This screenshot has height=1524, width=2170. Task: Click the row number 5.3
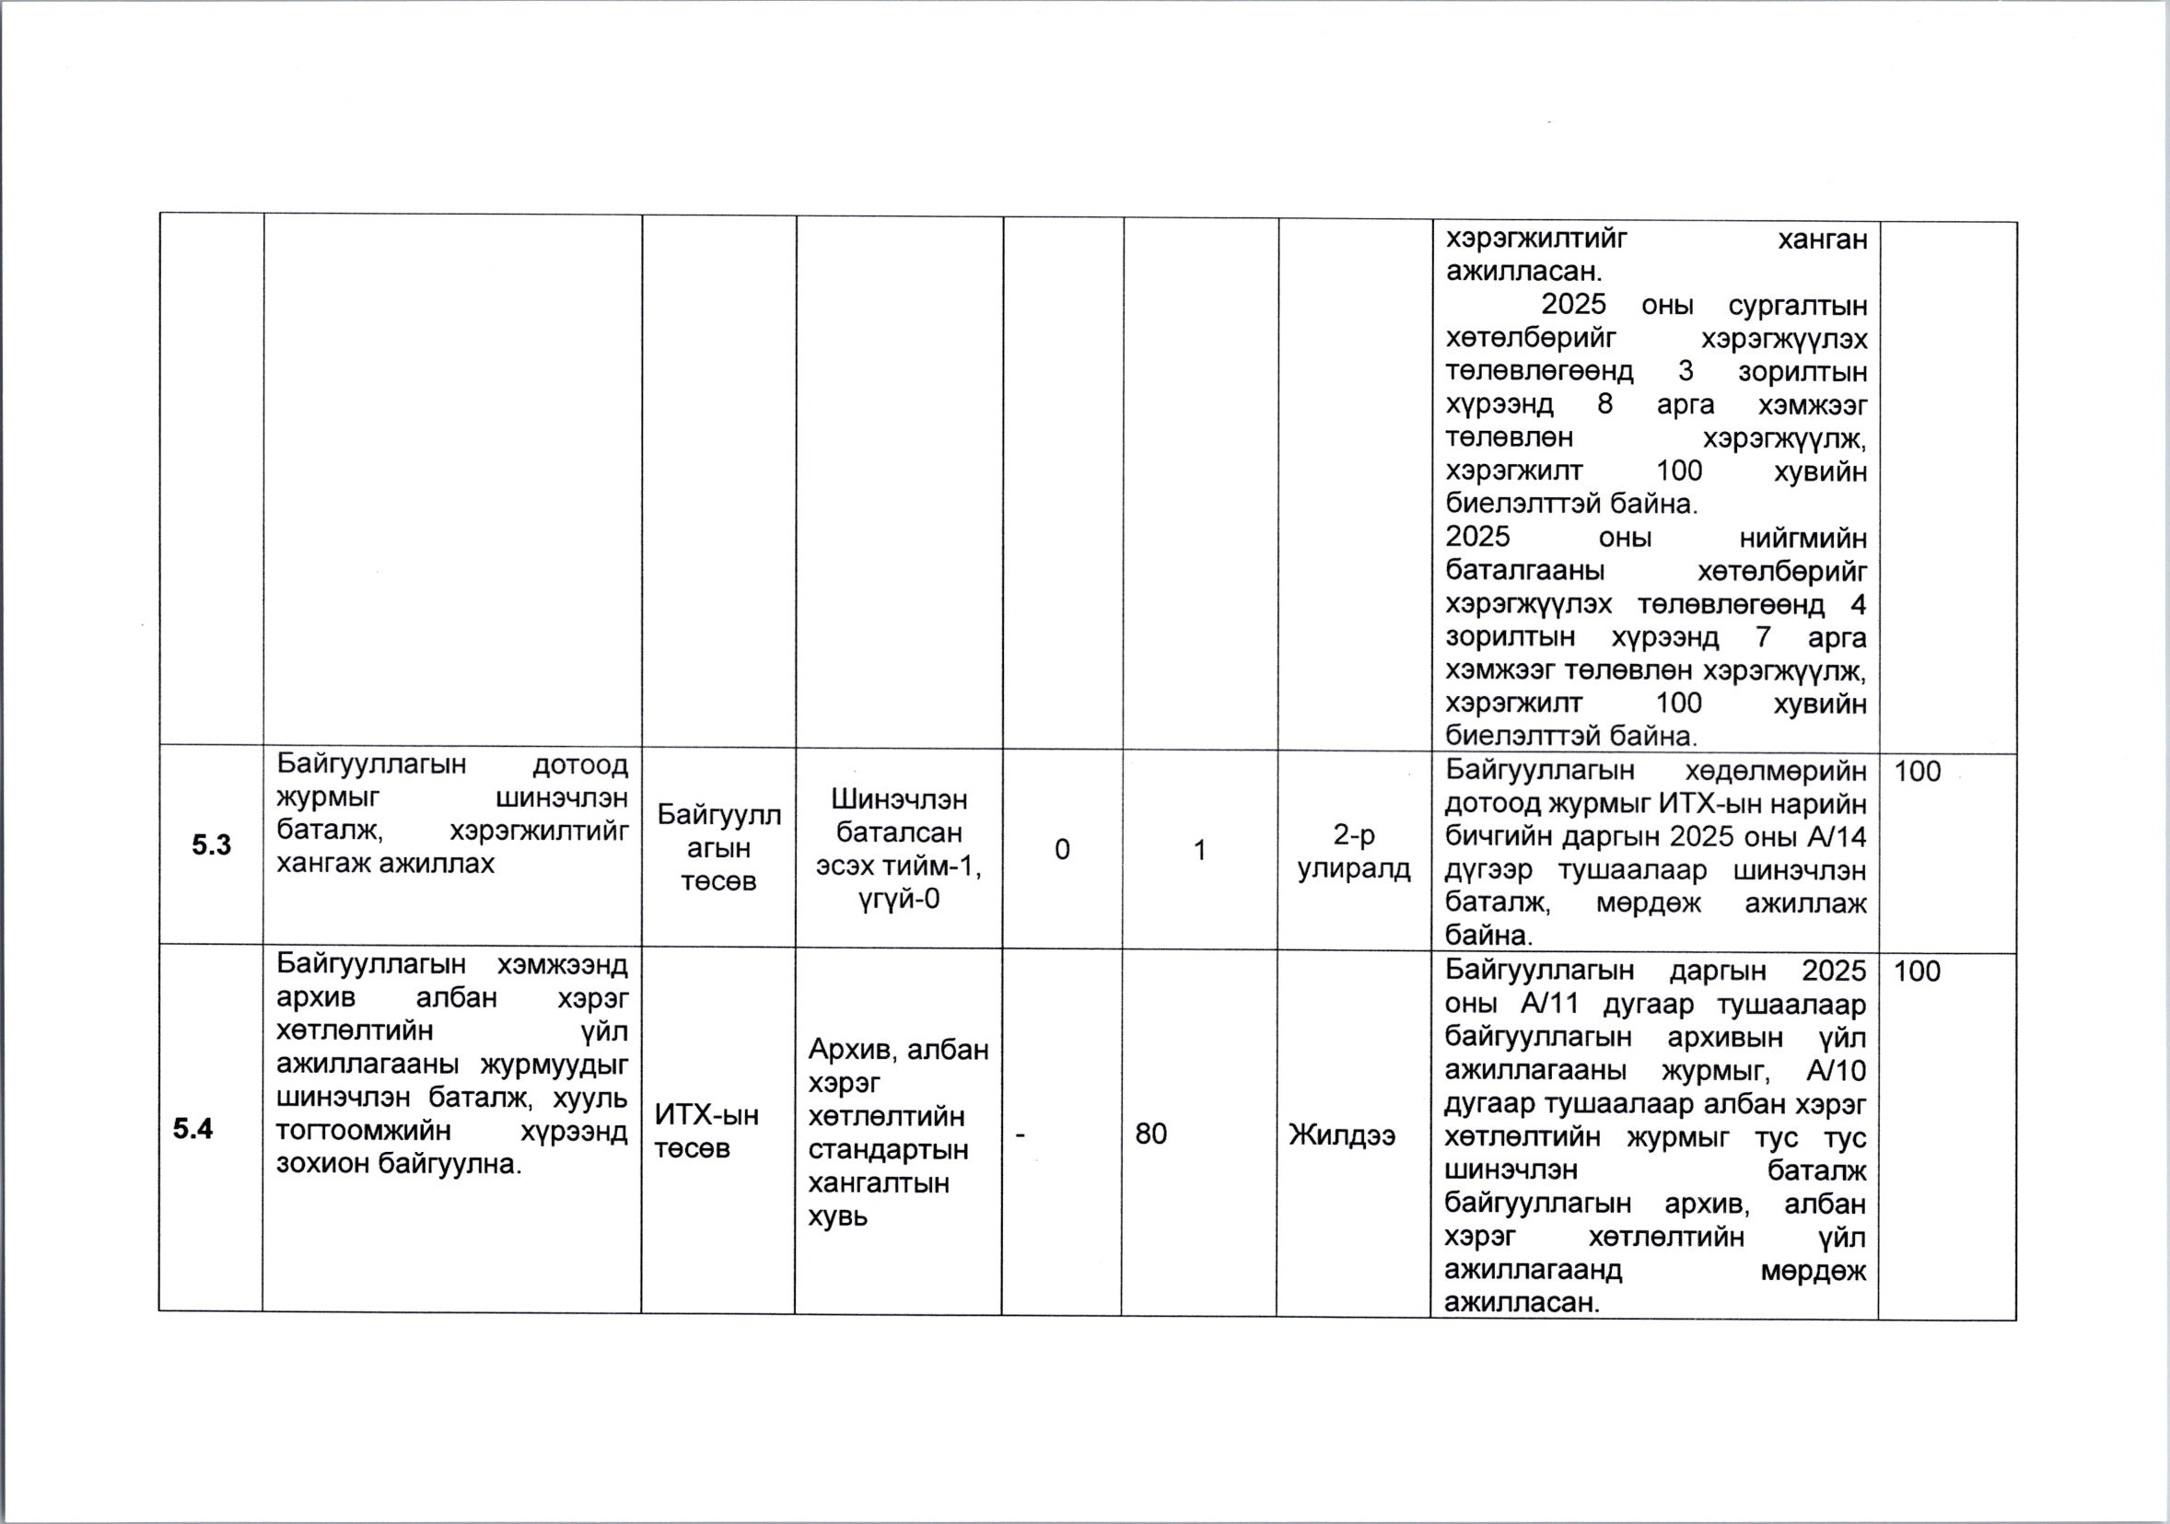211,844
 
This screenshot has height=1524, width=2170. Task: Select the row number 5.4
192,1129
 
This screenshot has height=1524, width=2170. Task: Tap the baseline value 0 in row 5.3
1062,849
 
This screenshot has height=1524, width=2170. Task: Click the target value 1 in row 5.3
1199,850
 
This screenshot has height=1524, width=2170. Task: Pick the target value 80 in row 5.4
1151,1133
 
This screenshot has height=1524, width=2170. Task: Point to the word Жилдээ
1342,1134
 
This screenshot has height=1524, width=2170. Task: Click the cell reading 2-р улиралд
1353,851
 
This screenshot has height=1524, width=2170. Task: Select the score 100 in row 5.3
1917,772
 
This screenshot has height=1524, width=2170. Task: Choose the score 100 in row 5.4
1917,971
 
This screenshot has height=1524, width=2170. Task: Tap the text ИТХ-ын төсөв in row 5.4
707,1132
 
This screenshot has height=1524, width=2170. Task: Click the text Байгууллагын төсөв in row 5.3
719,847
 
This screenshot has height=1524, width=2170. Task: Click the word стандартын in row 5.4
889,1150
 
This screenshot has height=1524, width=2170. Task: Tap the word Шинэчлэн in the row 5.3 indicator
899,799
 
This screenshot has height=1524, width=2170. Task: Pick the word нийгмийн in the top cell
1802,538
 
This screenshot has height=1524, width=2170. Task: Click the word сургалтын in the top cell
1797,306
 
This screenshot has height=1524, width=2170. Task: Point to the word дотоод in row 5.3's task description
580,764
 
